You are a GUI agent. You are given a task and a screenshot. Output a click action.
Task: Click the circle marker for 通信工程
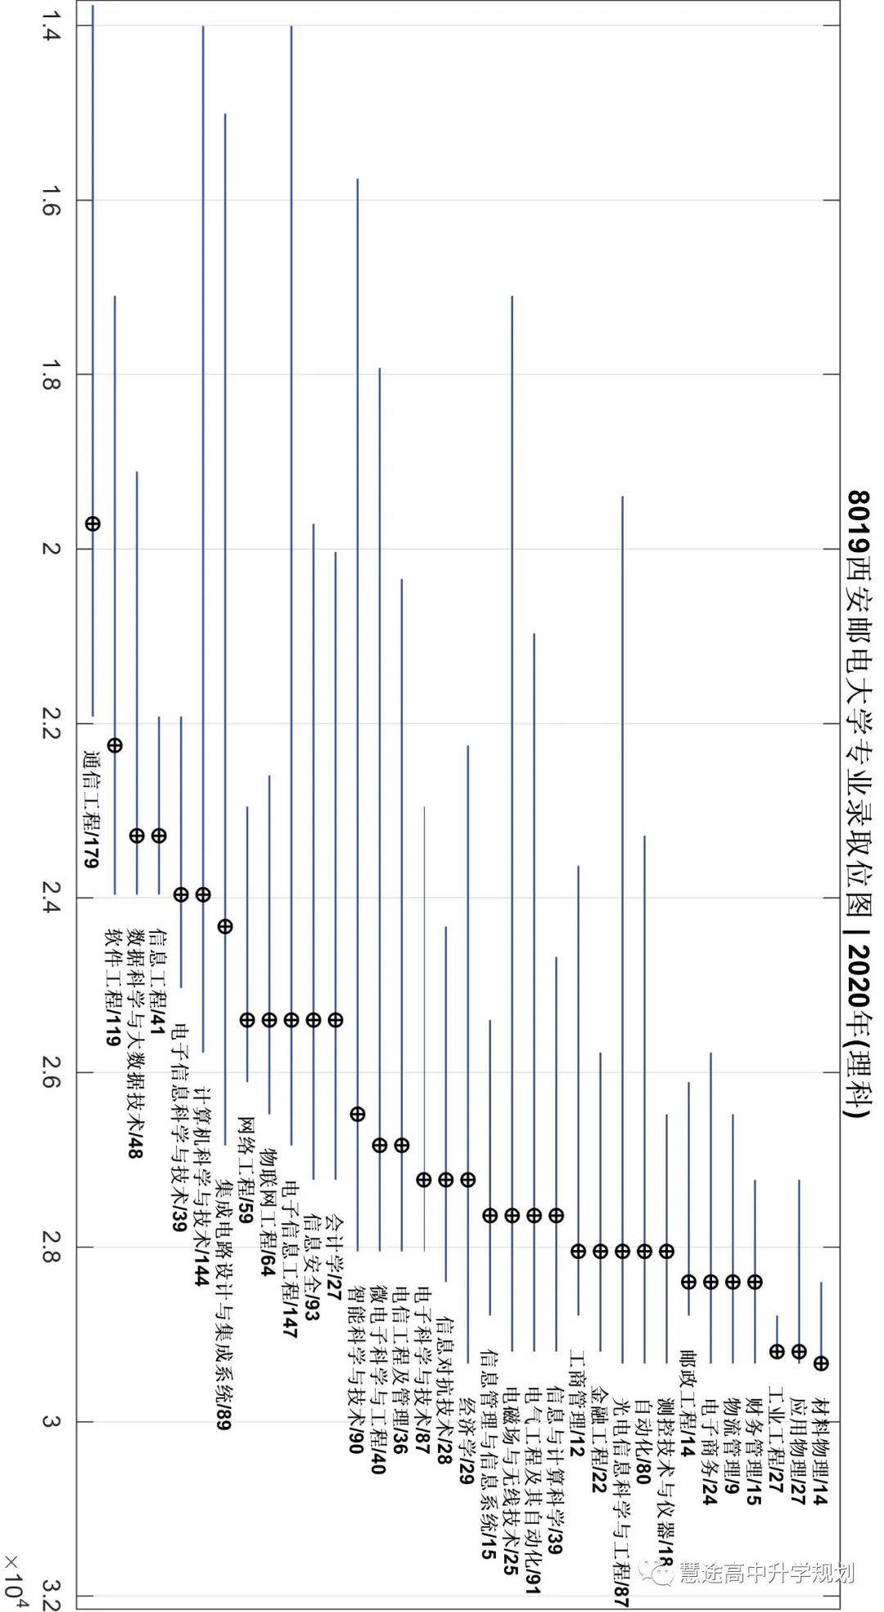pyautogui.click(x=92, y=523)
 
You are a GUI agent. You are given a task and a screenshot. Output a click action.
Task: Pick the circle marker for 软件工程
pyautogui.click(x=115, y=745)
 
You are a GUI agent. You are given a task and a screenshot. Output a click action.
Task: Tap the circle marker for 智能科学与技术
pyautogui.click(x=357, y=1114)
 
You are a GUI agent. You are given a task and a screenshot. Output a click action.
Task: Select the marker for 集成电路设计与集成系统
pyautogui.click(x=225, y=926)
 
